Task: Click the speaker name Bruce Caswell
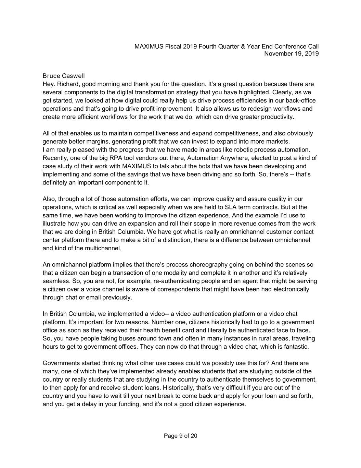tap(64, 75)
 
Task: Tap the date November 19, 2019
tap(292, 54)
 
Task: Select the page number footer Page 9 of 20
tap(180, 436)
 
